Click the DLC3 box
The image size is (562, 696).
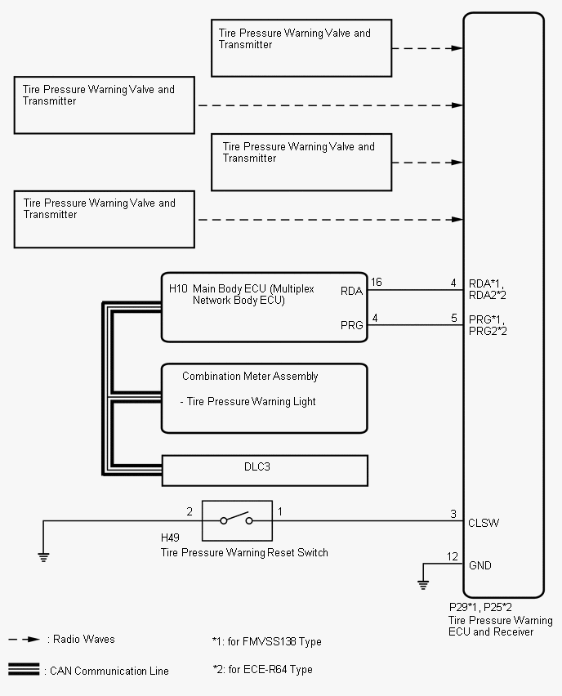pos(265,470)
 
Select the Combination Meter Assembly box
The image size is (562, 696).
pos(264,398)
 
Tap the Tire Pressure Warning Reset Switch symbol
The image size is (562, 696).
pos(237,520)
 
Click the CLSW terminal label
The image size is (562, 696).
pos(484,523)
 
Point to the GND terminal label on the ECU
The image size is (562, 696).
pos(480,565)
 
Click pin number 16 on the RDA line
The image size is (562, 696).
pos(376,283)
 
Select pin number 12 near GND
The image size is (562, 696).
pos(453,557)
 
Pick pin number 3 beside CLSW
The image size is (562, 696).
pos(453,514)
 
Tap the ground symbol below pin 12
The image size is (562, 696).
pos(423,584)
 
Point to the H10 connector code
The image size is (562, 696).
pos(178,288)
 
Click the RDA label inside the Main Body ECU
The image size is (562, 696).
pos(351,290)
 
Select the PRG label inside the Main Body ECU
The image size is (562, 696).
pos(351,325)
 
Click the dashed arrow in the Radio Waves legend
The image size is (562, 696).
pos(25,640)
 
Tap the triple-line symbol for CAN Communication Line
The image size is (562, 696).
pos(25,670)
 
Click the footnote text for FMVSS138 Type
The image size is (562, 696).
pos(266,642)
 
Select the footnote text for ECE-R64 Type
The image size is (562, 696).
pos(261,670)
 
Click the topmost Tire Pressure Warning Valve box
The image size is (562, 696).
pos(301,48)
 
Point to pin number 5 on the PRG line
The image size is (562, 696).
pos(453,318)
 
